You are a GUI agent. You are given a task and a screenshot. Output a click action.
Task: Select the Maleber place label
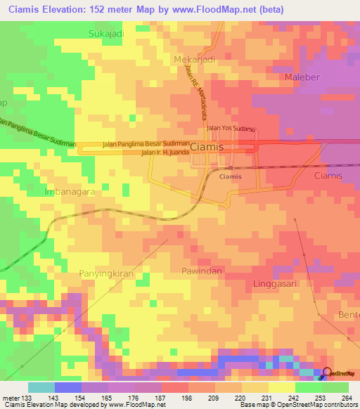304,76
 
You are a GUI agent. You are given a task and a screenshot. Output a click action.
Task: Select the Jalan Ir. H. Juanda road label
166,152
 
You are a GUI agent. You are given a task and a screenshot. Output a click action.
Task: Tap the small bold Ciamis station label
230,176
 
